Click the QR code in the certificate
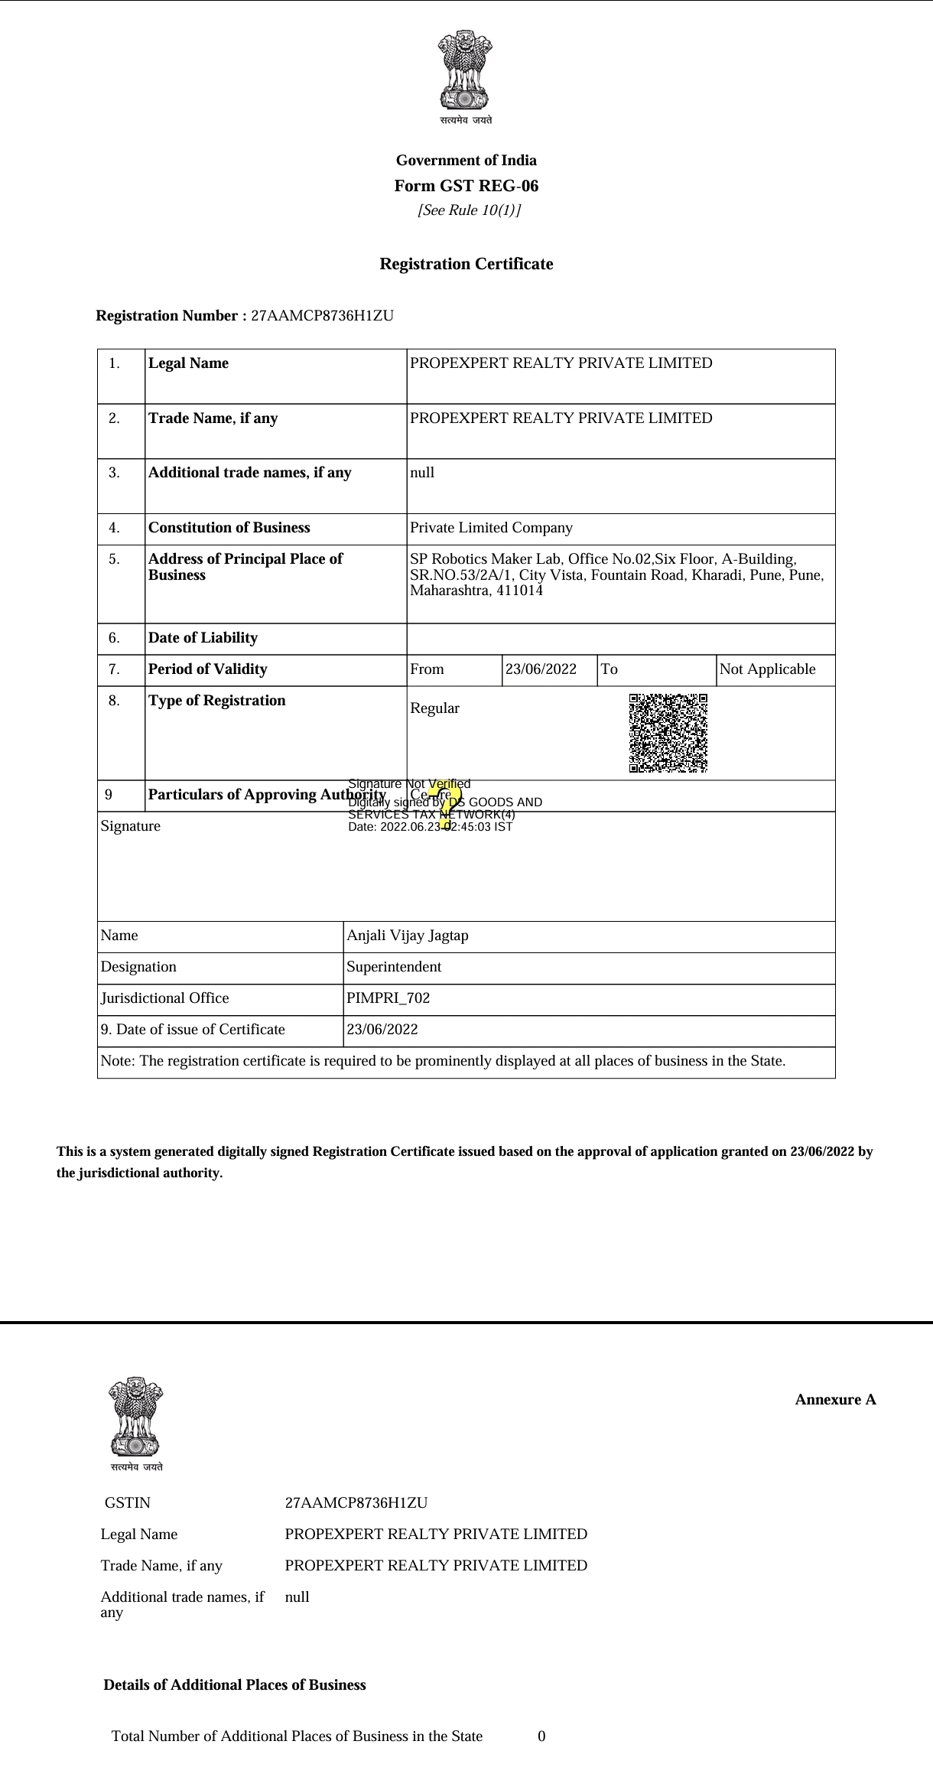(x=668, y=733)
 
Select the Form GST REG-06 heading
(x=466, y=186)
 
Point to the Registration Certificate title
(x=466, y=264)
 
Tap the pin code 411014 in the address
(x=519, y=591)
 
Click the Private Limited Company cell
(x=491, y=528)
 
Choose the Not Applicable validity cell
(x=767, y=669)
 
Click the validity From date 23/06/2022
(x=541, y=669)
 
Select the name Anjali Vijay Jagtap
(x=408, y=936)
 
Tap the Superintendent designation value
(x=394, y=967)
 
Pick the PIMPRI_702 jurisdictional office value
(x=388, y=998)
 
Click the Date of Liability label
(x=203, y=638)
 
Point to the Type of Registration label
(x=216, y=701)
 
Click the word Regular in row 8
(x=434, y=708)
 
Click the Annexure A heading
(x=835, y=1400)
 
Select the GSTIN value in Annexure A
(x=356, y=1502)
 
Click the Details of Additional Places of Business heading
(x=235, y=1685)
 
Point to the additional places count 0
(x=541, y=1736)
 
